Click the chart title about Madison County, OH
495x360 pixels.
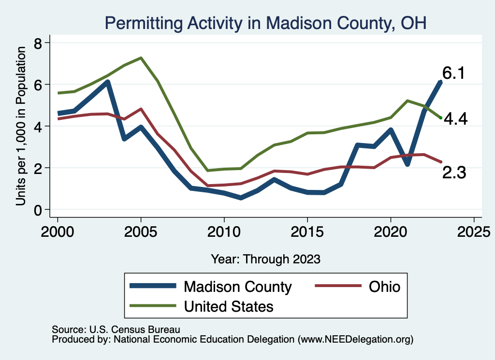click(x=265, y=23)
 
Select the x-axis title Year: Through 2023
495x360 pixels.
click(x=265, y=259)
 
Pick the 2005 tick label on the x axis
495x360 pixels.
click(x=141, y=230)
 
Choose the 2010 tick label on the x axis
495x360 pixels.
click(x=224, y=230)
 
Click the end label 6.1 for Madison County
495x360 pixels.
click(x=453, y=73)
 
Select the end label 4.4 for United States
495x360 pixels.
click(x=455, y=119)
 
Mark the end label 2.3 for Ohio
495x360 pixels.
click(x=454, y=173)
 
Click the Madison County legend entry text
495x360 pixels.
click(x=237, y=287)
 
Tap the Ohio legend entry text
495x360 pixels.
click(x=385, y=287)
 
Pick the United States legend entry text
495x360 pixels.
click(x=229, y=306)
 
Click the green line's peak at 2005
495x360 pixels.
click(x=141, y=58)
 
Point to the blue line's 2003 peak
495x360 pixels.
click(x=108, y=82)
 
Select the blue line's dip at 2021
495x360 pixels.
click(x=408, y=164)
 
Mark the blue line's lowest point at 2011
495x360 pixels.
click(x=241, y=198)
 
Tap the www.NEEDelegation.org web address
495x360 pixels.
click(x=356, y=340)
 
